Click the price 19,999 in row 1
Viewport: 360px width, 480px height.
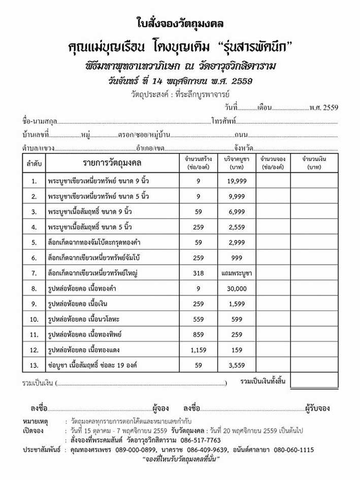coord(237,181)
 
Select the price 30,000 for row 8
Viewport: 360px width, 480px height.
coord(237,289)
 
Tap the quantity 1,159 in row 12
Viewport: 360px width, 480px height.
coord(198,350)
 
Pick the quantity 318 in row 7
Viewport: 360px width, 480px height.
coord(198,273)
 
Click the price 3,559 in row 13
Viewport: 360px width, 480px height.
coord(237,365)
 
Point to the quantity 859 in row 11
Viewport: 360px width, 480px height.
coord(198,335)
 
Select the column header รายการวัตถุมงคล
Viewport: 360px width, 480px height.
coord(112,163)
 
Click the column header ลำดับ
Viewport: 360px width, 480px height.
coord(34,164)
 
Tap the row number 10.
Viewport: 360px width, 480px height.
coord(34,319)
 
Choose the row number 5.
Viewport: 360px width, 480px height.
coord(34,243)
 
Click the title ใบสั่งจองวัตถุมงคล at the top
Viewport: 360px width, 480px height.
coord(180,23)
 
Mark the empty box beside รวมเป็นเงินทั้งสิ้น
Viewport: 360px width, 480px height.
coord(314,380)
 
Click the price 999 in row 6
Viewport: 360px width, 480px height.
coord(237,258)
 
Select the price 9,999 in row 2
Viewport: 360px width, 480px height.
coord(237,197)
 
